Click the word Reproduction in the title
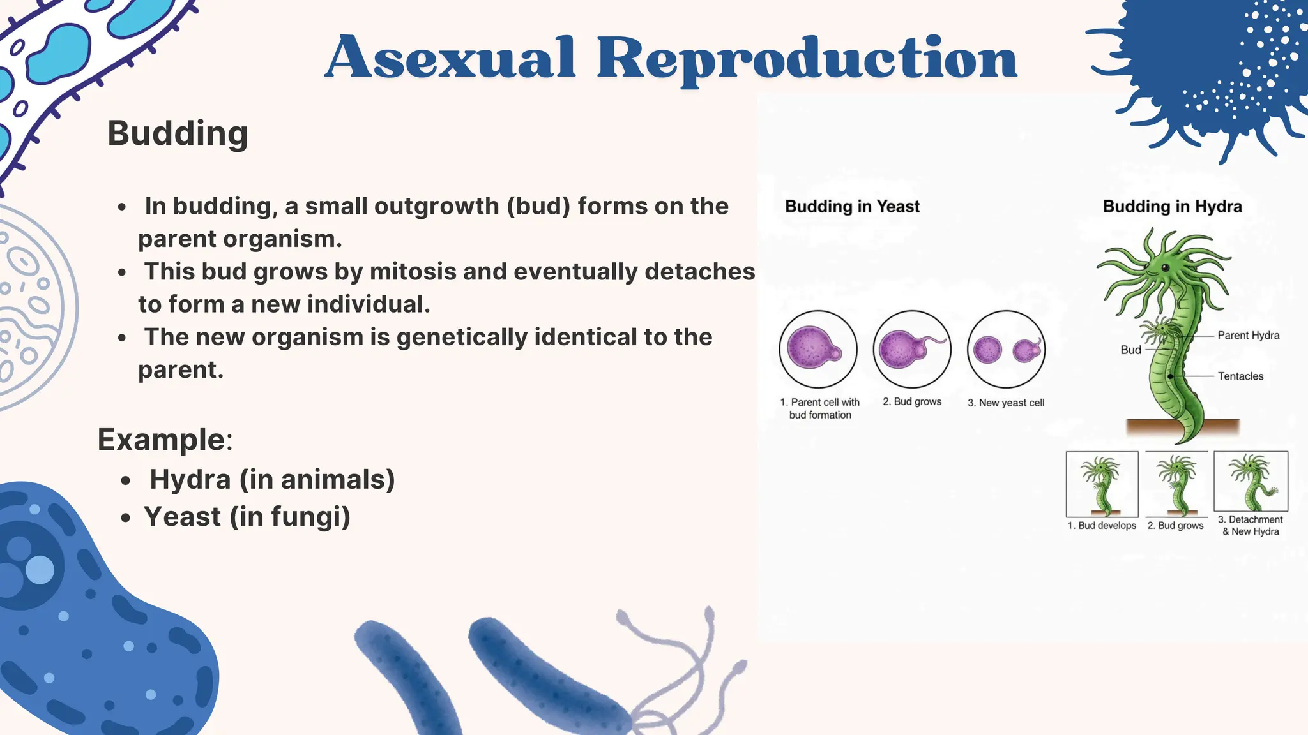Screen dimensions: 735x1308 tap(806, 59)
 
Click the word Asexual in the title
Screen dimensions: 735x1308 tap(451, 59)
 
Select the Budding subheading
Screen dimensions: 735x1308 tap(178, 133)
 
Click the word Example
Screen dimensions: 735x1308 tap(161, 440)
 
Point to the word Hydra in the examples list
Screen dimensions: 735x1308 tap(190, 479)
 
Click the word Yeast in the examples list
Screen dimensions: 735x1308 tap(182, 517)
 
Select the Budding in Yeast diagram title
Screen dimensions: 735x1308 tap(852, 207)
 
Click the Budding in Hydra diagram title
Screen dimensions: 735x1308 tap(1172, 207)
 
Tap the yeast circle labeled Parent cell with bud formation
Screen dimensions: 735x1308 tap(817, 350)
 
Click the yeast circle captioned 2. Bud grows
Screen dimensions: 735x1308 tap(912, 350)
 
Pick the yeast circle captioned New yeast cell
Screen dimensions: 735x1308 tap(1006, 350)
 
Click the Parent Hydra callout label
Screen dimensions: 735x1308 tap(1248, 336)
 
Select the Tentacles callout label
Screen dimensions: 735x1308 tap(1240, 376)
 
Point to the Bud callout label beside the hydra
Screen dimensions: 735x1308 tap(1130, 350)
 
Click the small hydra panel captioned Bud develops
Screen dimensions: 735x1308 tap(1102, 484)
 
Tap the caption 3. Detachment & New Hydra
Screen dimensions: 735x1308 tap(1251, 526)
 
